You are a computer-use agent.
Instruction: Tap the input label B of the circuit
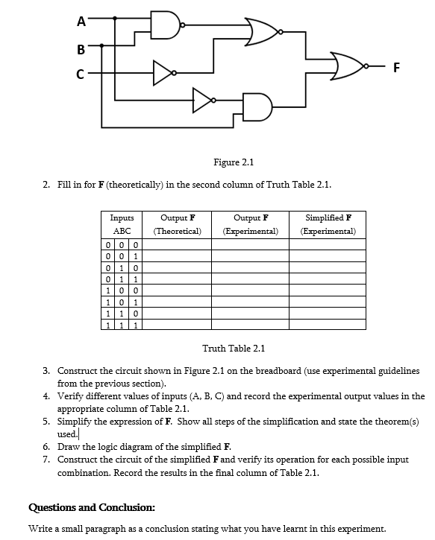tap(81, 51)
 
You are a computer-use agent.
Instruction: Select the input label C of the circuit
tap(81, 74)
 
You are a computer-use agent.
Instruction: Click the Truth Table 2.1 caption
tap(234, 348)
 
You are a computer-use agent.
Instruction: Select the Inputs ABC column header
tap(122, 224)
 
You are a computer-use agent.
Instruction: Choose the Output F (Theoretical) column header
tap(178, 224)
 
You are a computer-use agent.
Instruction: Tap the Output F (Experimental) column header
tap(251, 224)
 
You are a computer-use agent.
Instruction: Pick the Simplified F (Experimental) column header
tap(328, 224)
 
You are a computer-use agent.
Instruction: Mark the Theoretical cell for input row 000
tap(178, 245)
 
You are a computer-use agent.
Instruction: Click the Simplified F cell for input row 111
tap(328, 325)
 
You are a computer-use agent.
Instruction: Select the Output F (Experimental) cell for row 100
tap(251, 290)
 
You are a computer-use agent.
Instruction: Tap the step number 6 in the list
tap(46, 447)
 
